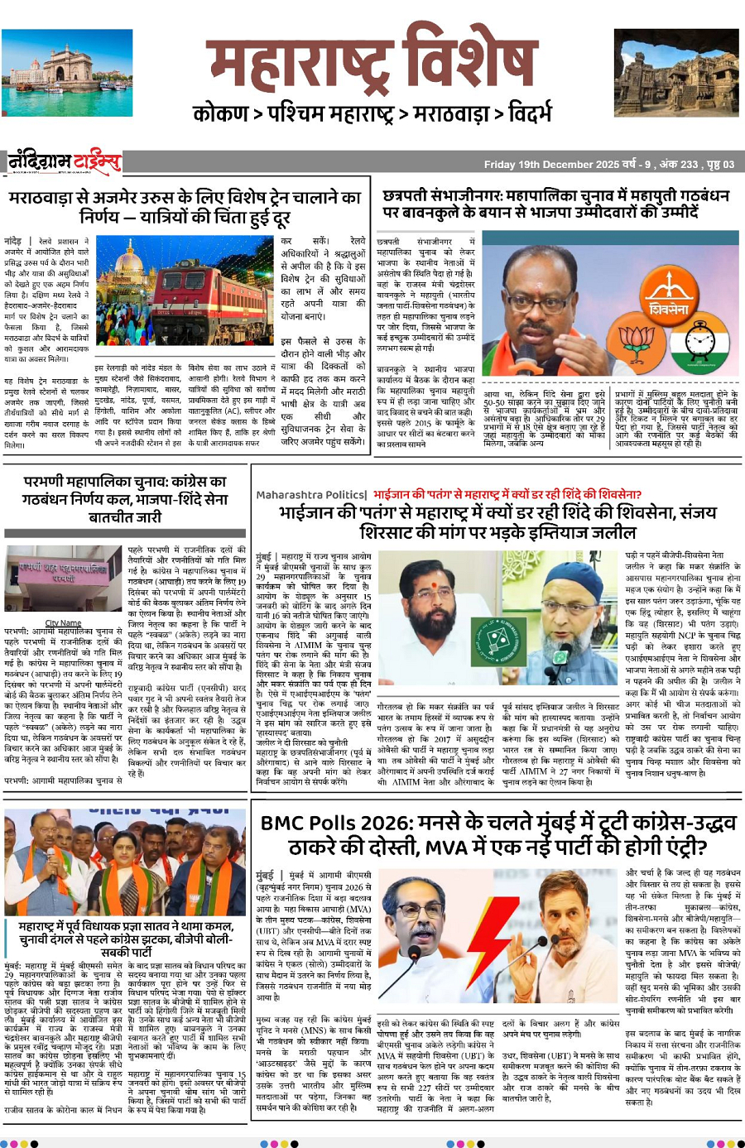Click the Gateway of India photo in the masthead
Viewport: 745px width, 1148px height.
tap(67, 63)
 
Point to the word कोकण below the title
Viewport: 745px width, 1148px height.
tap(220, 113)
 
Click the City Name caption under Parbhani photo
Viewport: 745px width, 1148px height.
tap(63, 622)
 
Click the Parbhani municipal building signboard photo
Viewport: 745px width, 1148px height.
tap(63, 579)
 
